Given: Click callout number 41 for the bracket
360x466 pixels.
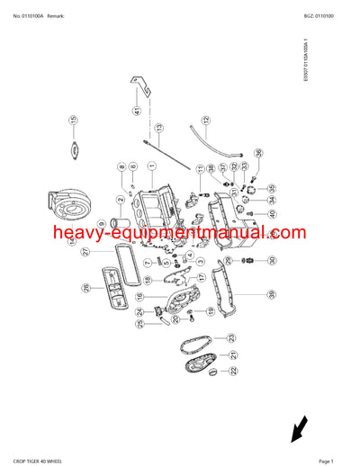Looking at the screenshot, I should tap(137, 112).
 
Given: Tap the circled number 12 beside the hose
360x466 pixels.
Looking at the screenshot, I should tap(205, 119).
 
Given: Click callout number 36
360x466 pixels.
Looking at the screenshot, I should tap(258, 153).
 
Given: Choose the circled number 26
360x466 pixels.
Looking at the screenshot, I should tap(86, 288).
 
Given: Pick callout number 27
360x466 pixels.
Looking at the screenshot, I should tap(86, 252).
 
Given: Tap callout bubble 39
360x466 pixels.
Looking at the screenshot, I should tap(270, 293).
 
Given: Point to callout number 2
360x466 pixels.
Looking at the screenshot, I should tap(120, 200).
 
